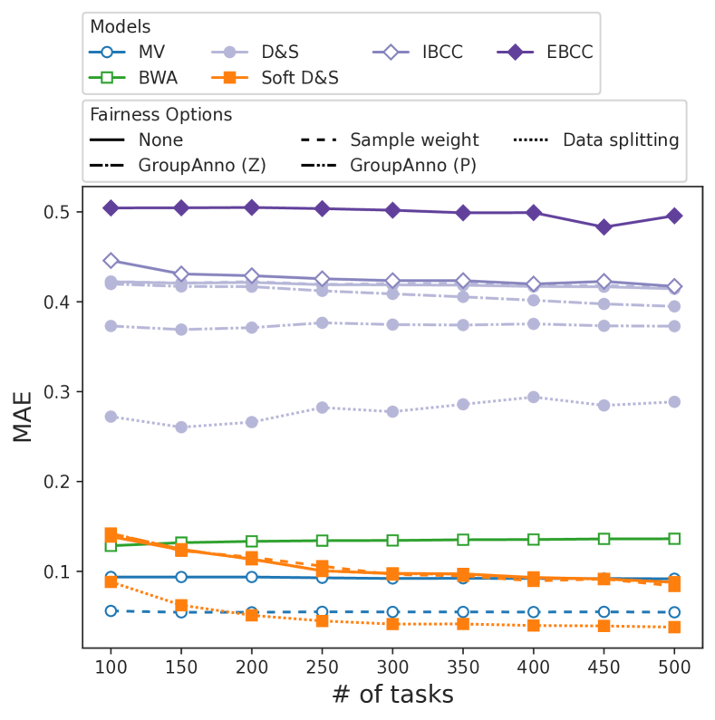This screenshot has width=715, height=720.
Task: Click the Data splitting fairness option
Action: pos(621,140)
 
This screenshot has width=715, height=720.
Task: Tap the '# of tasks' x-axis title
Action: pos(391,695)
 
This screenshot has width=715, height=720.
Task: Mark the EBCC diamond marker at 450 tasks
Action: pos(604,227)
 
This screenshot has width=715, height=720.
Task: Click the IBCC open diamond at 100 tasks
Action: pos(111,261)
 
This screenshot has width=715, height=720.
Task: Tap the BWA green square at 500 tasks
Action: pos(674,539)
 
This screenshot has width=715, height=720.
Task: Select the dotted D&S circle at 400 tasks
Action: pos(534,397)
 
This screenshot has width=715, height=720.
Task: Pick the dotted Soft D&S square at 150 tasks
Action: pos(181,605)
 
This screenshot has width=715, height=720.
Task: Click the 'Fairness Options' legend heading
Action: pos(160,115)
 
